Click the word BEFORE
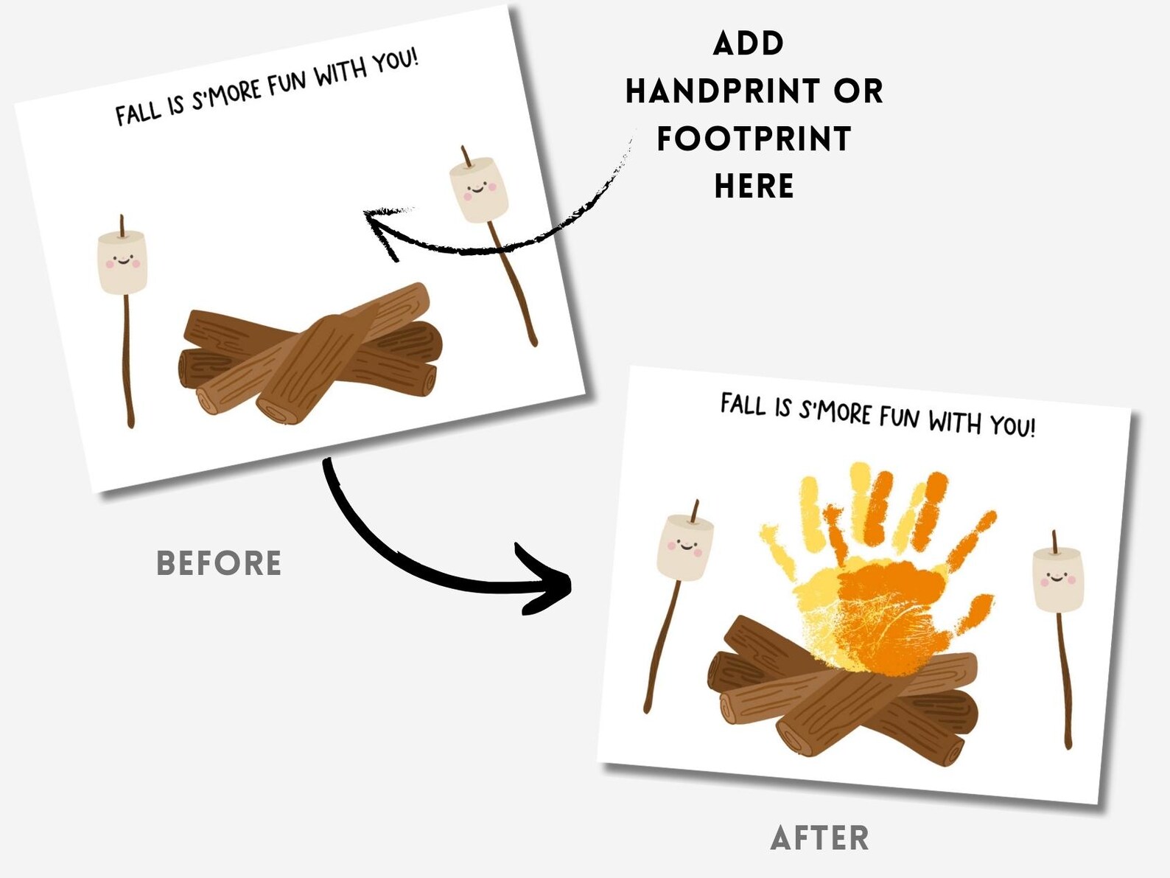click(x=219, y=563)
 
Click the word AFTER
click(x=819, y=838)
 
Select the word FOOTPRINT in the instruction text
click(x=754, y=139)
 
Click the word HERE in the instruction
click(x=754, y=187)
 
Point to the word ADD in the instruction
click(x=749, y=44)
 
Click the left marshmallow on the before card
click(x=122, y=262)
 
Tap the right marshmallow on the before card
click(x=480, y=189)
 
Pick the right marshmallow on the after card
click(x=1059, y=579)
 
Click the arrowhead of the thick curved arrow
click(x=549, y=583)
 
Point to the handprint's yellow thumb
click(x=777, y=549)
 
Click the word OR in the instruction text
click(x=858, y=91)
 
